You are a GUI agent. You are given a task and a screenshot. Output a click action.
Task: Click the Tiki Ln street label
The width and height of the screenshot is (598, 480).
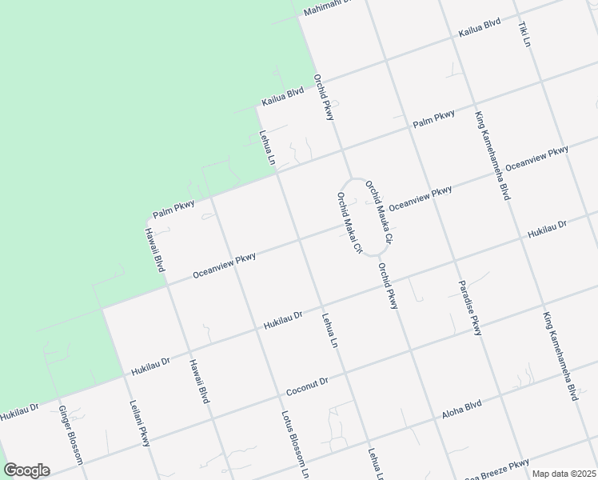pos(525,33)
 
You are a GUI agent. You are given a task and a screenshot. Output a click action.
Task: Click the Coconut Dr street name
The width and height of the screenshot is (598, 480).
pos(308,386)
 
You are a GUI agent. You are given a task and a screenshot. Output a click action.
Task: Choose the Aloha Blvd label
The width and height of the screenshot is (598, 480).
pos(462,410)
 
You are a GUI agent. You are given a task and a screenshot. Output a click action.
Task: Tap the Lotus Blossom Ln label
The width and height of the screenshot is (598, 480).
pos(293,445)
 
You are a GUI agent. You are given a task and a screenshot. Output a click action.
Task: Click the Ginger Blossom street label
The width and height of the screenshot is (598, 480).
pos(70,434)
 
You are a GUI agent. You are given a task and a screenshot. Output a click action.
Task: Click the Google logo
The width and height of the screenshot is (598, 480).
pos(26,470)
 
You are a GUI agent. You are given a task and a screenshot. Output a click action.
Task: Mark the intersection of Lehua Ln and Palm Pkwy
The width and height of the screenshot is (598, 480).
pos(277,170)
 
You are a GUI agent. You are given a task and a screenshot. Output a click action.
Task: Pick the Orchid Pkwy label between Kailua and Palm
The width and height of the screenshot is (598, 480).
pos(323,98)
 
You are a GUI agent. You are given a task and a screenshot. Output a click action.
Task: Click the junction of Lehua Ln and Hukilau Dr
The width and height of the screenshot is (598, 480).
pos(321,307)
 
